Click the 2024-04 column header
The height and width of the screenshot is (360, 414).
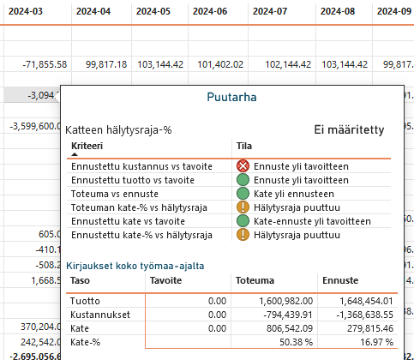click(93, 11)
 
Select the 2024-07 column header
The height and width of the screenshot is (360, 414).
click(270, 11)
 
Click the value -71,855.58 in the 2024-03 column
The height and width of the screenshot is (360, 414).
click(45, 64)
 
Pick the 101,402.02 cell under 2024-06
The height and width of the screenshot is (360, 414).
click(220, 64)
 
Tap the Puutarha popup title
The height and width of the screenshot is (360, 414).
click(231, 97)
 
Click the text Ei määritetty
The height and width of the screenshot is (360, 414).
click(349, 129)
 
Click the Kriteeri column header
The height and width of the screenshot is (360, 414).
click(87, 146)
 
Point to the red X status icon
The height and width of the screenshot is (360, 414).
click(243, 166)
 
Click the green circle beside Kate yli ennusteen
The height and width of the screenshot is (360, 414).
click(243, 194)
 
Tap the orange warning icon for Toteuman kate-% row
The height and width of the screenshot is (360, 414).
click(243, 207)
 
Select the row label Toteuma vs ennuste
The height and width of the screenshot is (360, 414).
click(115, 194)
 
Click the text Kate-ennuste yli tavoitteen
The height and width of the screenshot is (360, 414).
click(312, 221)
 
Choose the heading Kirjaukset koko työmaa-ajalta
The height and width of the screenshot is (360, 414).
click(135, 266)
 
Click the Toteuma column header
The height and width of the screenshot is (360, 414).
click(255, 280)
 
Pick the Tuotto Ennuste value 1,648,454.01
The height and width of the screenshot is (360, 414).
click(366, 301)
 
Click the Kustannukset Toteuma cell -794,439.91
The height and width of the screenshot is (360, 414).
click(288, 315)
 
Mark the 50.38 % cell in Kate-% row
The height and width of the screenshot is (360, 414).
click(296, 342)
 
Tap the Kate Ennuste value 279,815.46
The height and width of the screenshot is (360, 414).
click(370, 328)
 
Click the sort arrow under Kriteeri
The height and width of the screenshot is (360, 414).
click(75, 154)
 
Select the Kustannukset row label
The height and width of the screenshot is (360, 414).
click(100, 315)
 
